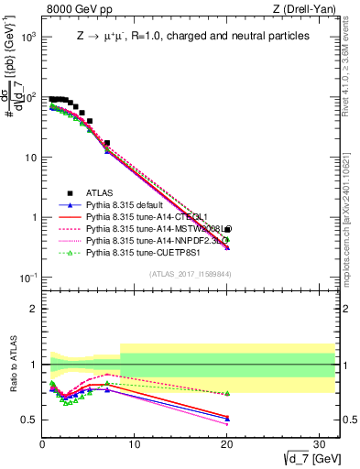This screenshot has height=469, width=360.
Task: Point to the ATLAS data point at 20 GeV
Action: tap(227, 229)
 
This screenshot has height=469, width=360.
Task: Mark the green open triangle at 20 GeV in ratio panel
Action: tap(227, 393)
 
